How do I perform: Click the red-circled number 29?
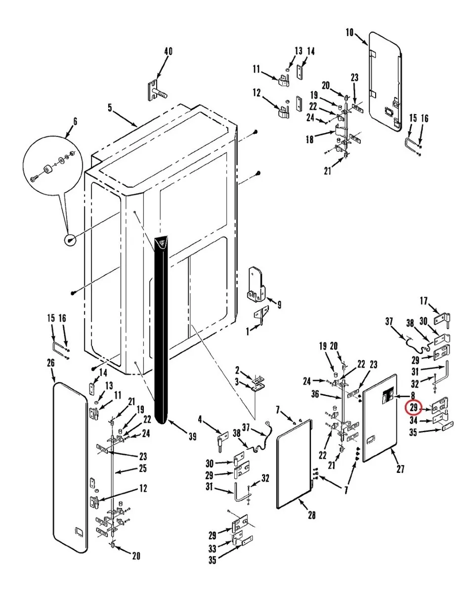413,407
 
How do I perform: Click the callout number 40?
168,51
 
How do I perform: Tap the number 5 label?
110,108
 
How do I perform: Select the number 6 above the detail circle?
75,122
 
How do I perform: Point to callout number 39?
192,436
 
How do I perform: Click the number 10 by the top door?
349,33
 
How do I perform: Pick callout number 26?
51,363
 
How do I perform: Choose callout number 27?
400,469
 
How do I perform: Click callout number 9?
279,305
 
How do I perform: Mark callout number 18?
310,139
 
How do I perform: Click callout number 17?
424,300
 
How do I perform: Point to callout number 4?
200,420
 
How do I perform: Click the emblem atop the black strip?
161,243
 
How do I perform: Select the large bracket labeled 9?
255,285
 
